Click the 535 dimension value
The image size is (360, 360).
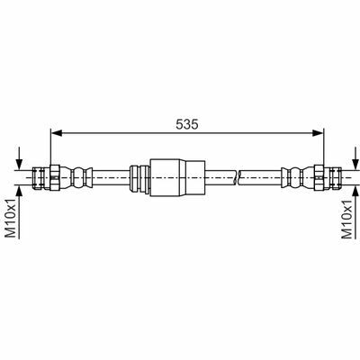(x=187, y=124)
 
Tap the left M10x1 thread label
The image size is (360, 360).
(x=11, y=217)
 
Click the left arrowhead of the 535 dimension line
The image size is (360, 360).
(x=57, y=133)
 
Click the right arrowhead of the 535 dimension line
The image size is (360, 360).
(x=318, y=133)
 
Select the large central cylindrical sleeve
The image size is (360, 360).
(x=177, y=177)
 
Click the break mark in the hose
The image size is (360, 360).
(x=237, y=177)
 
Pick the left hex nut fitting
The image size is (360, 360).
(x=55, y=177)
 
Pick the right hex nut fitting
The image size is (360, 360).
(x=319, y=177)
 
